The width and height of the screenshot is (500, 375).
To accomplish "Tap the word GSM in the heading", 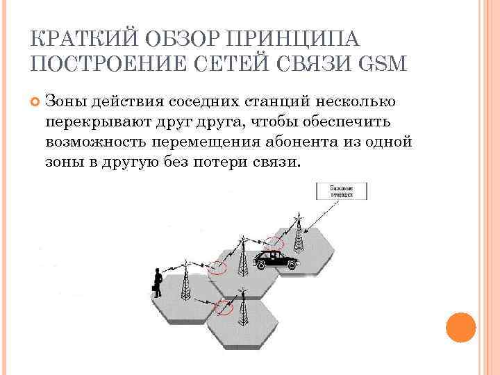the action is [x=381, y=64].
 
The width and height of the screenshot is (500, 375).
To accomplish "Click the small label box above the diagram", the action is [x=341, y=191].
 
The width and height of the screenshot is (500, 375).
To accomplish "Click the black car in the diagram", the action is [x=275, y=260].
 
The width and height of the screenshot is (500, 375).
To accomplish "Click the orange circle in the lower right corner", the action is [x=460, y=327].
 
